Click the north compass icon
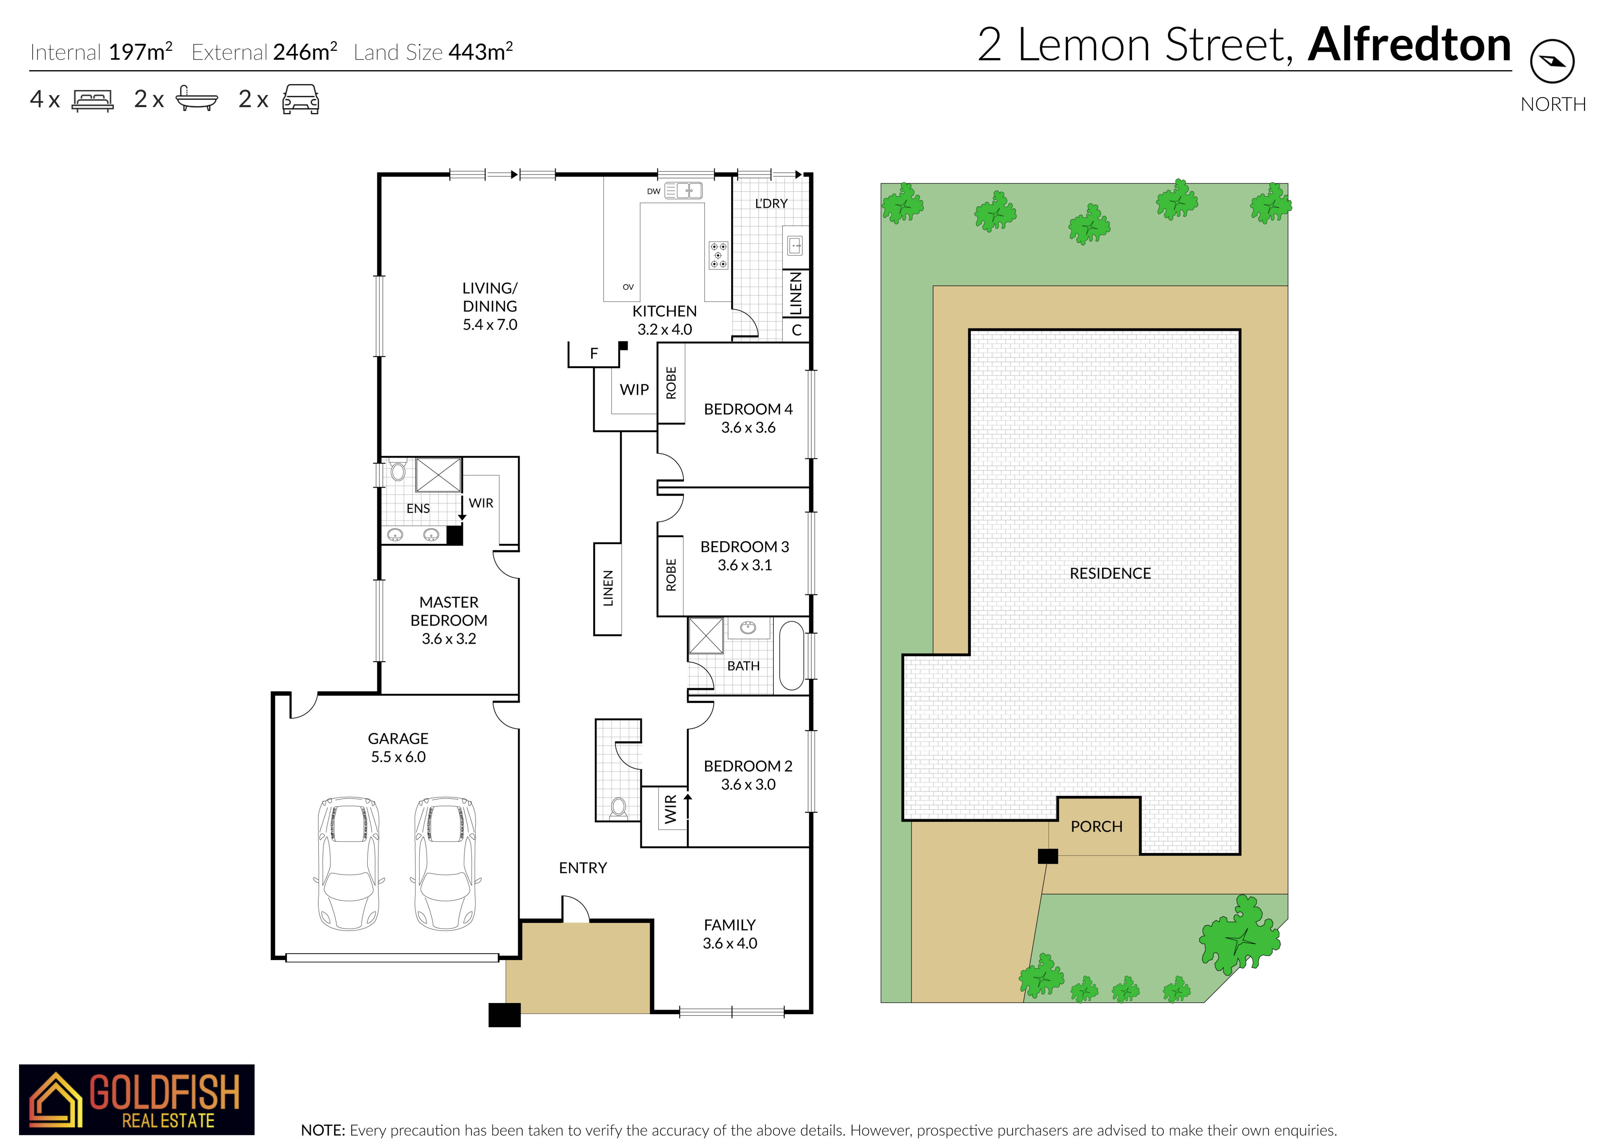coord(1552,61)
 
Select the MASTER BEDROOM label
coord(449,620)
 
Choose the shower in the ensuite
coord(439,475)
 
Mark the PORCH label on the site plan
coord(1096,826)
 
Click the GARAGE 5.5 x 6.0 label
coord(398,747)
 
